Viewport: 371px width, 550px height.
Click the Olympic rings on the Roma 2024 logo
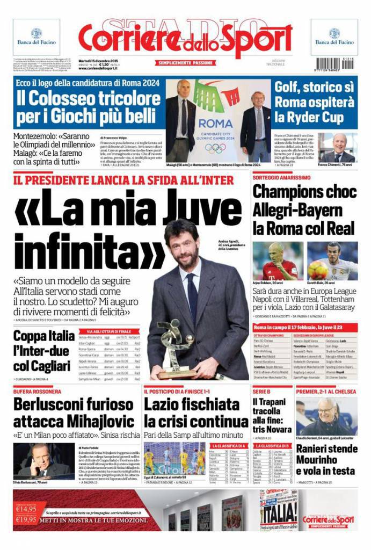[215, 147]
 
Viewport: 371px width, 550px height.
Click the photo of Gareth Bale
[332, 260]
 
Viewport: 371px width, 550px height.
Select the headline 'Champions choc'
[304, 191]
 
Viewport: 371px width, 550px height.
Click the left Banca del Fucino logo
[37, 37]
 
